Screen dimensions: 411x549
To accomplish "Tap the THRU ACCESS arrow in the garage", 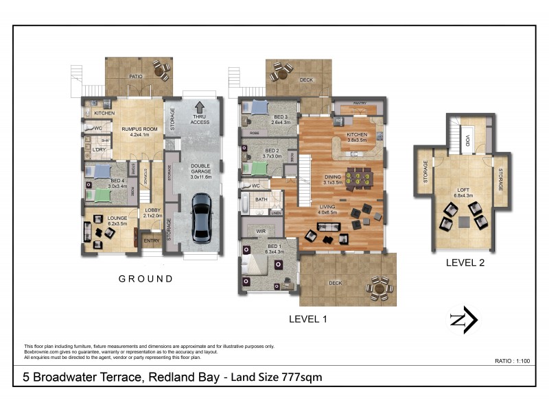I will (x=200, y=108).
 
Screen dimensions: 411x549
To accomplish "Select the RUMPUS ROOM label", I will (x=135, y=130).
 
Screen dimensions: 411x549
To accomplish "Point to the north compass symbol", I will (x=463, y=320).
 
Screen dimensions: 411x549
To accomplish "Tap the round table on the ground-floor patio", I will (x=161, y=69).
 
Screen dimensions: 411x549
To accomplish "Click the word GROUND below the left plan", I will (x=145, y=279).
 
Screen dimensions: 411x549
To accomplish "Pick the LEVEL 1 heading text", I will (x=309, y=319).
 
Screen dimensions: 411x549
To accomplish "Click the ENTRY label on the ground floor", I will (x=150, y=241).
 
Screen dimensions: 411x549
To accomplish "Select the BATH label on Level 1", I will (x=261, y=199).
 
